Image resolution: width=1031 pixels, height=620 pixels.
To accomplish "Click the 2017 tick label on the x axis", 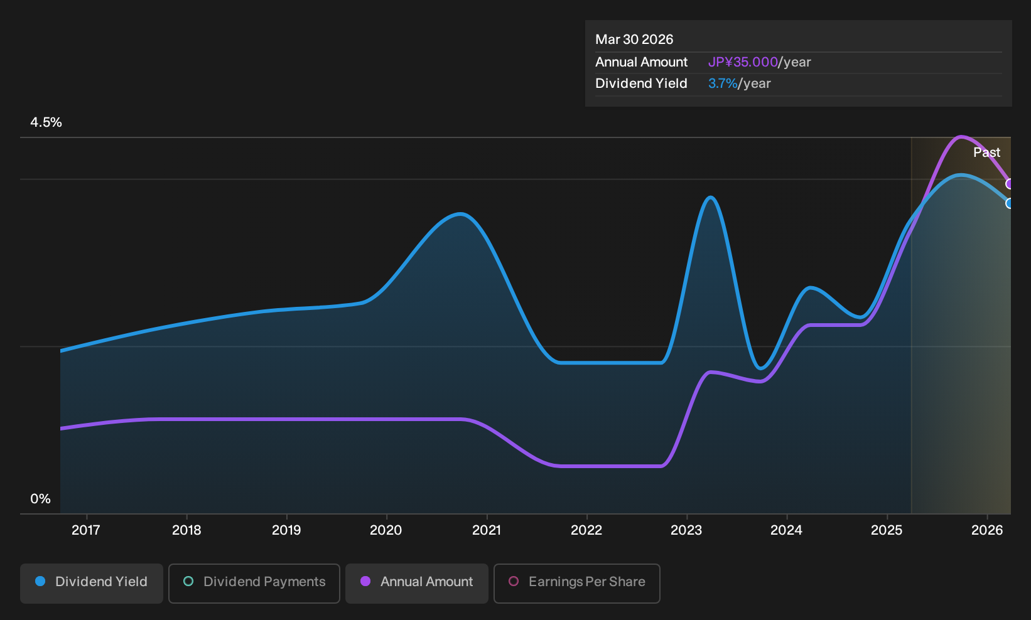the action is pos(86,530).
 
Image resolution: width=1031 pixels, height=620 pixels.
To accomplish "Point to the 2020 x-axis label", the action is pos(386,530).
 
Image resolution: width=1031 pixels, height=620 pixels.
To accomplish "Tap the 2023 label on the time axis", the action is pos(686,530).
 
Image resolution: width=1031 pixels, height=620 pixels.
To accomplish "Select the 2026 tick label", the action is pos(987,530).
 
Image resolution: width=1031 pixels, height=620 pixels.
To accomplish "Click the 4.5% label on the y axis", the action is pos(46,122).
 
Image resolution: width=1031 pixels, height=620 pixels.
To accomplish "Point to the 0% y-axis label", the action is pos(41,499).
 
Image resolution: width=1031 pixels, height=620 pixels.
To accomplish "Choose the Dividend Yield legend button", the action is pos(92,583).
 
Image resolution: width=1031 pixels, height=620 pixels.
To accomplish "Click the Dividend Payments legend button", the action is pos(254,583).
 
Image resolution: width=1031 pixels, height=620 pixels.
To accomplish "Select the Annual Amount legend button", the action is pos(416,583).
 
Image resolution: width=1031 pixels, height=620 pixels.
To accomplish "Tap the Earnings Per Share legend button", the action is pos(576,583).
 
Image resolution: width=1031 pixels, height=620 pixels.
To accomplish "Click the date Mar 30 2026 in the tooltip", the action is pos(634,40).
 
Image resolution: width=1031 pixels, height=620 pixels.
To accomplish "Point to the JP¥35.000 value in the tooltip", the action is pos(743,62).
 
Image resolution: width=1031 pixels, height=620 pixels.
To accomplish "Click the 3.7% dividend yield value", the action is pos(723,83).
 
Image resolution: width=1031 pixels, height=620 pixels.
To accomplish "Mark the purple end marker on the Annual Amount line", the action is pos(1008,184).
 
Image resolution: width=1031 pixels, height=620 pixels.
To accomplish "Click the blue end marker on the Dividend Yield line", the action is pos(1008,203).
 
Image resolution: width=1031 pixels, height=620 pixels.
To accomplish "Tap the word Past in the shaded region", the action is pos(986,152).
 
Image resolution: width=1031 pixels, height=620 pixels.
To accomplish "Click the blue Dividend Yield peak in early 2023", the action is pos(711,198).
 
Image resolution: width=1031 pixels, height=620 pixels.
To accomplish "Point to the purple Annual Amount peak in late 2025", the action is pos(961,137).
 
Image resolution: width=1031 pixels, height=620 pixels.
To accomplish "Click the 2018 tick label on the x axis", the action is pos(186,530).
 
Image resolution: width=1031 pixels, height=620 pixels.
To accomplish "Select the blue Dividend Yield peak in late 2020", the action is pos(460,214).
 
